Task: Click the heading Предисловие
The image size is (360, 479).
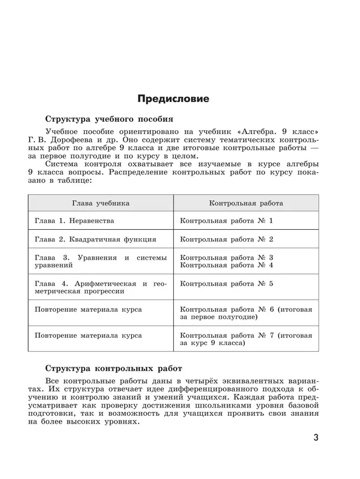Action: (x=173, y=99)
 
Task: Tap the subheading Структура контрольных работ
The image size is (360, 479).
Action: (x=114, y=368)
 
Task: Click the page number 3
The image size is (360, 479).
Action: (x=316, y=438)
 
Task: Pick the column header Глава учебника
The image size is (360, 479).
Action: (x=100, y=203)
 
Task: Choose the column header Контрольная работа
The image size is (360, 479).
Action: (x=245, y=203)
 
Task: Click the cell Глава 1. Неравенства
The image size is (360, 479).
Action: (x=74, y=221)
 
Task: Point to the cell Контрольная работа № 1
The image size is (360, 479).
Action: (x=227, y=221)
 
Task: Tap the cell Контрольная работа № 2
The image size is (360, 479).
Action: (x=227, y=240)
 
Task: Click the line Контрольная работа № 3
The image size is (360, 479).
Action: (x=227, y=257)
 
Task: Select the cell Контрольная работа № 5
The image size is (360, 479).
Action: (x=227, y=284)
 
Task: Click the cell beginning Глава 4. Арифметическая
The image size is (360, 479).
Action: (x=100, y=287)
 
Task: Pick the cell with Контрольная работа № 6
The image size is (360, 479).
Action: (x=246, y=313)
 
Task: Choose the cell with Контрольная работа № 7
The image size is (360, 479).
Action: (x=246, y=339)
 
